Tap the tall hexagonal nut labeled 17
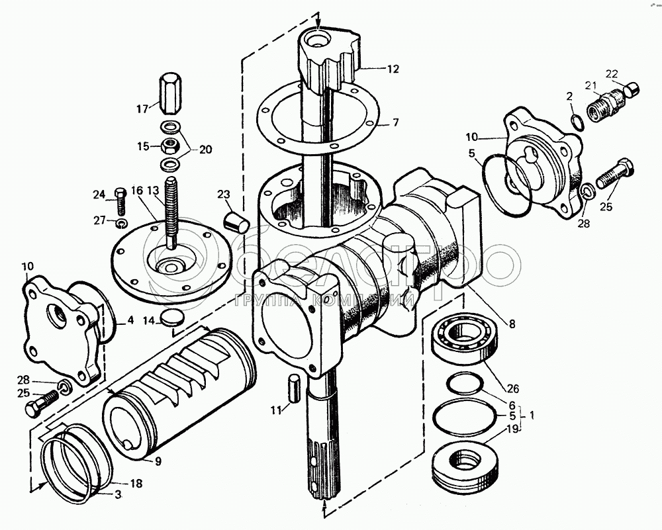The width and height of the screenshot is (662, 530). tap(168, 93)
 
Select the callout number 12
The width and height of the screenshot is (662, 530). tap(393, 67)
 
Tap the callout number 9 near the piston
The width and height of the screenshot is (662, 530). tap(158, 462)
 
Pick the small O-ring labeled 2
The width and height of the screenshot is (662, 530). tap(576, 121)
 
